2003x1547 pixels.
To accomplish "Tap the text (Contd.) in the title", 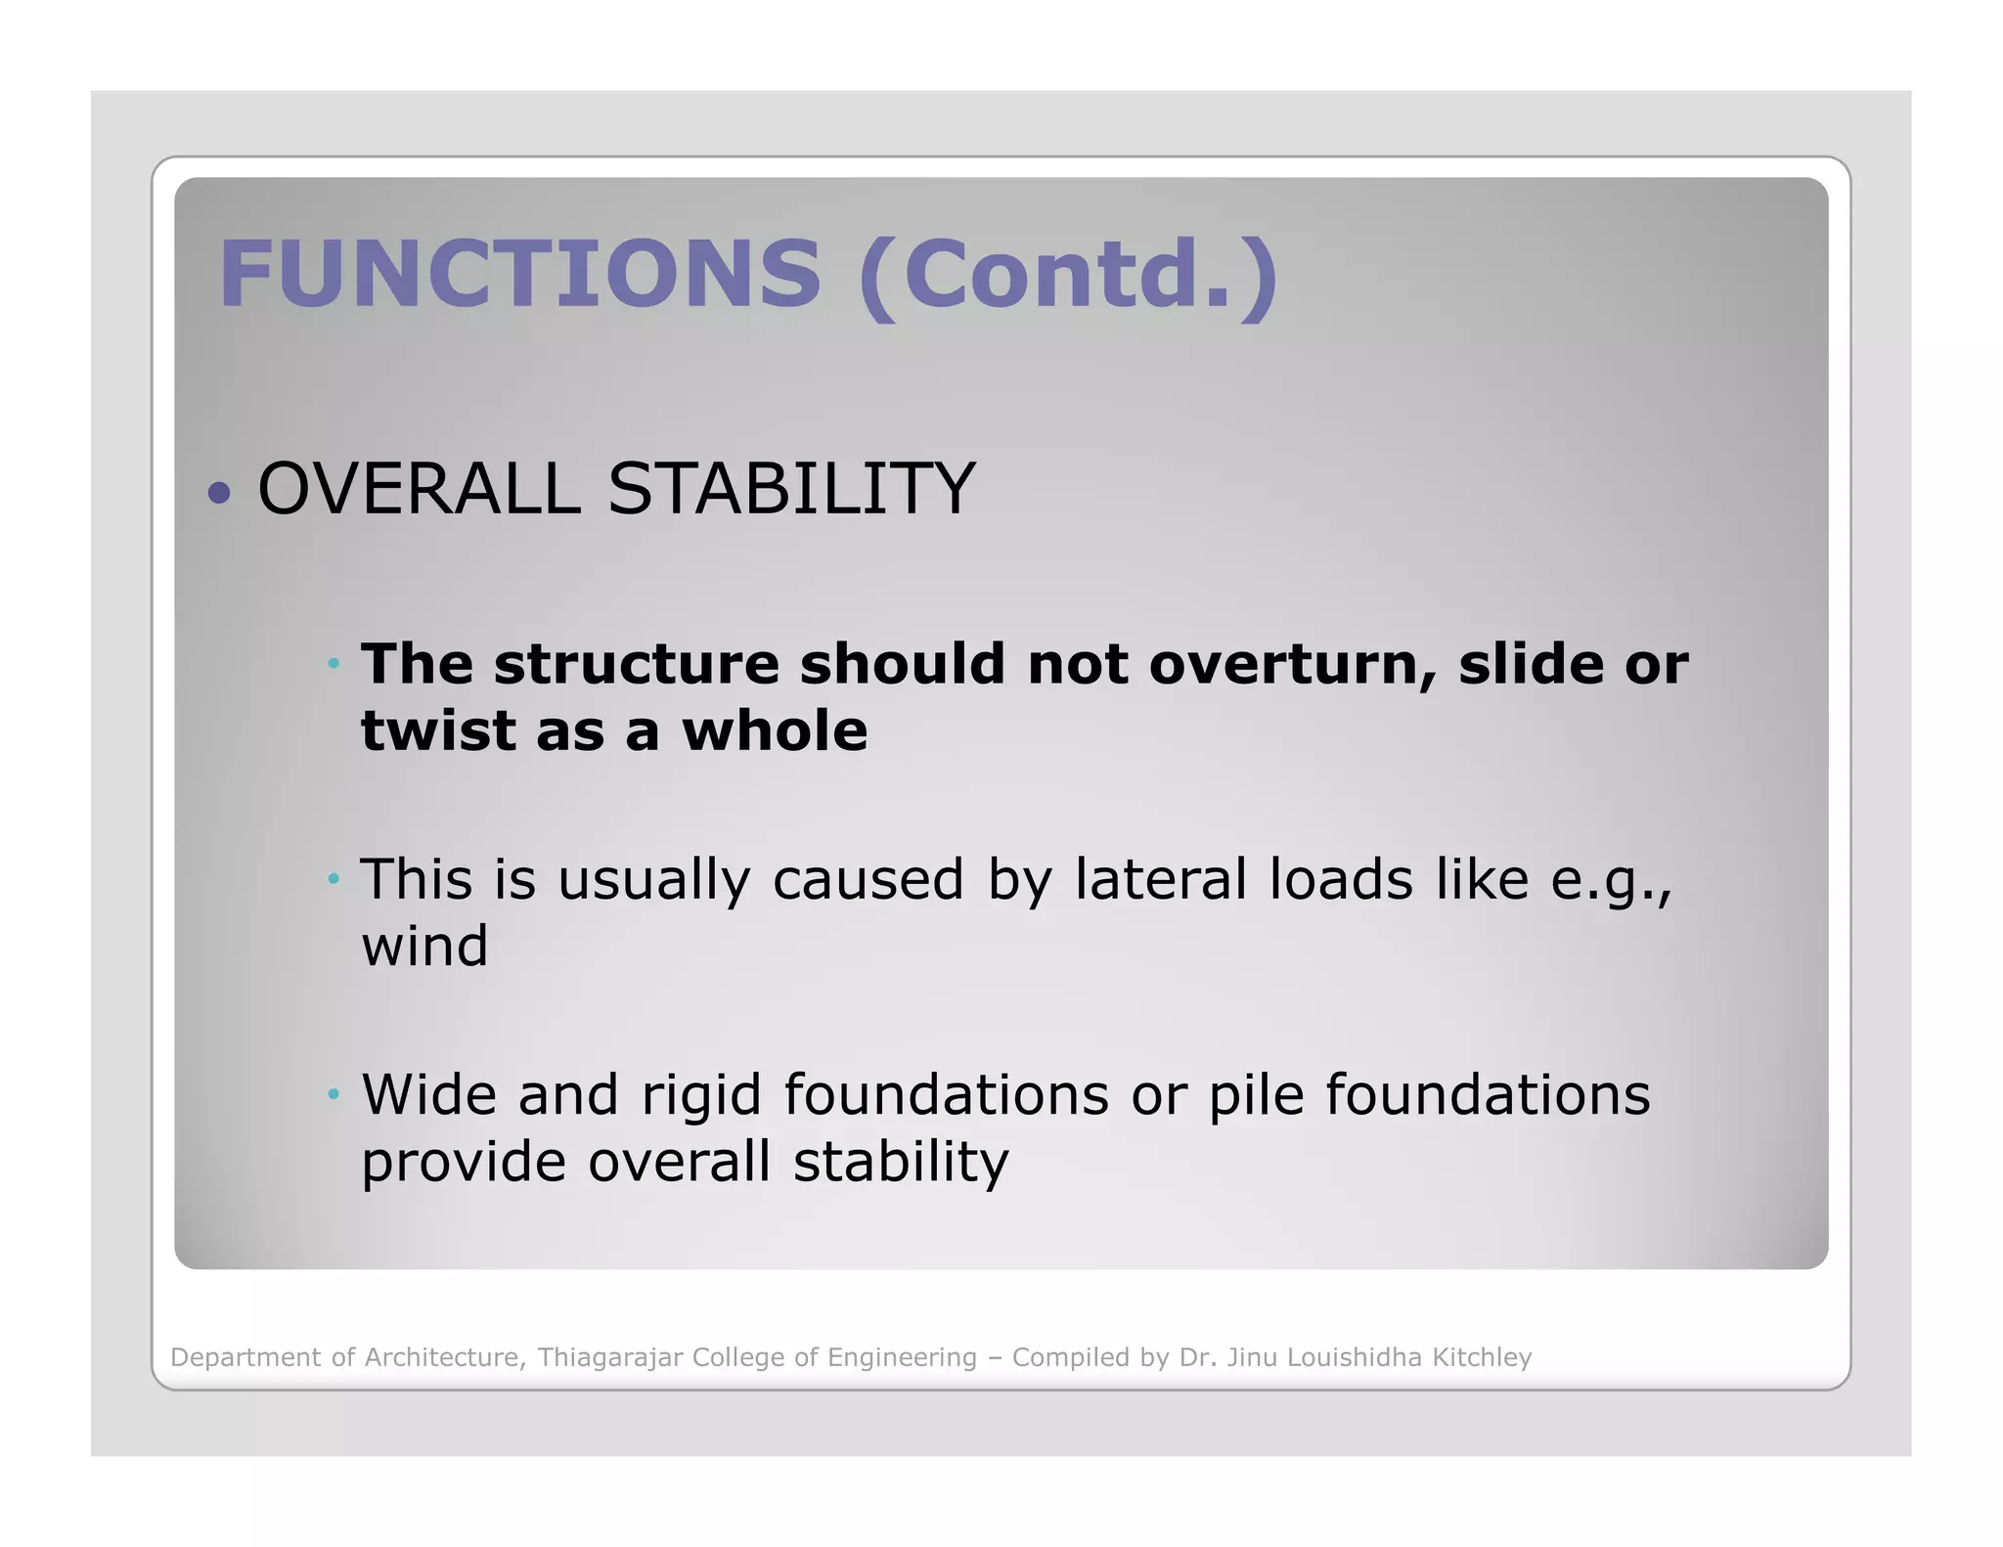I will click(x=1068, y=276).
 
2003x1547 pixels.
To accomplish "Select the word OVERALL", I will click(x=419, y=489).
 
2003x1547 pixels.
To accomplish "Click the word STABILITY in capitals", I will click(x=791, y=489).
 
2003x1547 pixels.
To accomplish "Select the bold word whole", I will click(x=774, y=730).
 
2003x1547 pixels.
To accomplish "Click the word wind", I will click(x=424, y=946).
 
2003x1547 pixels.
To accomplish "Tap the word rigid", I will click(x=700, y=1094).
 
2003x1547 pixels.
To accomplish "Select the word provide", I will click(x=464, y=1163).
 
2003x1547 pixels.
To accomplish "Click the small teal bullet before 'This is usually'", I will click(x=334, y=879).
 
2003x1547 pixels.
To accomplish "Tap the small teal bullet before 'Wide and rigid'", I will click(x=334, y=1094).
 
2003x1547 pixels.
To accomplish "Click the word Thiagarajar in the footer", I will click(x=609, y=1357).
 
